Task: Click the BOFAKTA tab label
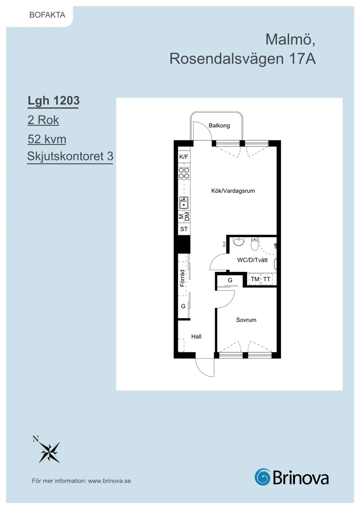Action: [x=47, y=15]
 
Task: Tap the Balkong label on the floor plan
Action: [x=219, y=125]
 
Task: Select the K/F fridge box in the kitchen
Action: [x=184, y=157]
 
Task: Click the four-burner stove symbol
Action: [x=184, y=173]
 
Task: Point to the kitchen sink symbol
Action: [x=184, y=203]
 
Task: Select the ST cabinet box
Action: [x=184, y=229]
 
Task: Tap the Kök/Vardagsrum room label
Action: [x=233, y=191]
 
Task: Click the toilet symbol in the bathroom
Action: [x=255, y=243]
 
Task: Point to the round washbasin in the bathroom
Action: [x=239, y=241]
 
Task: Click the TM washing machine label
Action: [x=255, y=279]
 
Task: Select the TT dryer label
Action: [x=267, y=279]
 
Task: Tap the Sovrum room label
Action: [x=246, y=320]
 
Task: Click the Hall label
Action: [x=196, y=337]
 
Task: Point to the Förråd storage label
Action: [x=182, y=278]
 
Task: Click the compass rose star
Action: [x=49, y=452]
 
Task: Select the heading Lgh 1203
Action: [x=54, y=100]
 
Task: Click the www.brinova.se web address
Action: [x=109, y=481]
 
